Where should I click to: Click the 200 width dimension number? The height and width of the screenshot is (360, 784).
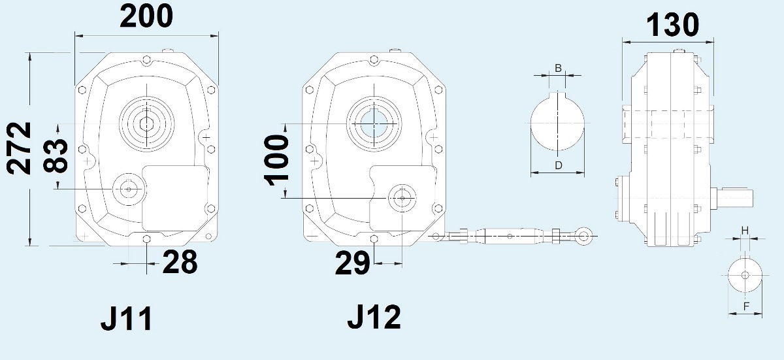point(146,16)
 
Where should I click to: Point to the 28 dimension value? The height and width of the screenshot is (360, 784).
point(180,262)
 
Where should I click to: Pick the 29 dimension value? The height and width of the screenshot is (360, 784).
point(352,263)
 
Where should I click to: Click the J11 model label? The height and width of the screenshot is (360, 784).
point(127,319)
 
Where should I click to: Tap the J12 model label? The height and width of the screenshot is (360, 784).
point(374,317)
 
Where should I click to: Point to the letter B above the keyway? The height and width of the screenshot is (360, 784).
point(558,68)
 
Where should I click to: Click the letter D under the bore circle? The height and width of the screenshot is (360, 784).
point(559,165)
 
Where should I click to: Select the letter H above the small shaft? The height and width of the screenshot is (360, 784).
point(745,231)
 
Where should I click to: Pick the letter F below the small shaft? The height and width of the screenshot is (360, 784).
point(745,306)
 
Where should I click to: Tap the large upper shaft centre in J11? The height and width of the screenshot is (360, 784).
point(147,123)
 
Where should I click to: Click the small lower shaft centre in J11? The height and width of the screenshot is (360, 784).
point(129,189)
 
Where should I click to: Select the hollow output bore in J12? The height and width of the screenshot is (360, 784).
point(374,123)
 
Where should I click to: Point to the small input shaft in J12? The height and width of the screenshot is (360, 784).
point(402,197)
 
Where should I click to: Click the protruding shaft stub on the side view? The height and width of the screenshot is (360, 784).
point(736,197)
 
